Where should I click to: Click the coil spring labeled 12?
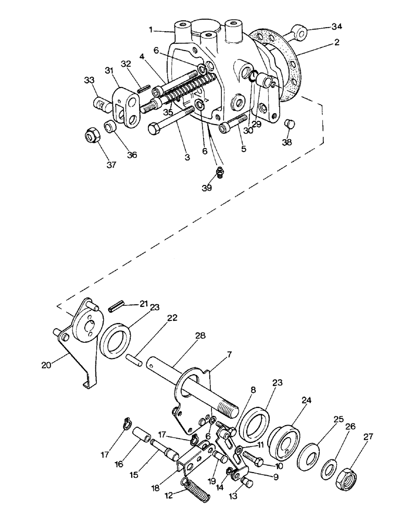point(198,491)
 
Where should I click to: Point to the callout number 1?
point(151,30)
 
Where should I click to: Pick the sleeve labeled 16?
point(141,435)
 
